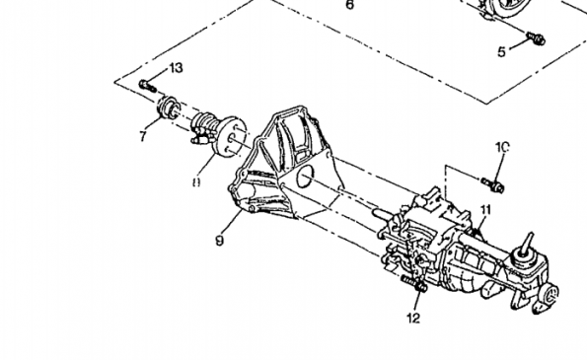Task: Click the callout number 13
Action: point(176,68)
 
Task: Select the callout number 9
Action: point(218,240)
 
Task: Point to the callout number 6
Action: point(348,5)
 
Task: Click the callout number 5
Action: point(500,50)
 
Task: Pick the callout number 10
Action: point(501,147)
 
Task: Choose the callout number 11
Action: point(485,209)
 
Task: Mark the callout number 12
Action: point(412,317)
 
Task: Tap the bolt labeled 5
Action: point(536,37)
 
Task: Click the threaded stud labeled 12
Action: point(411,287)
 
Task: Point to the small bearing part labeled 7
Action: point(168,108)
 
